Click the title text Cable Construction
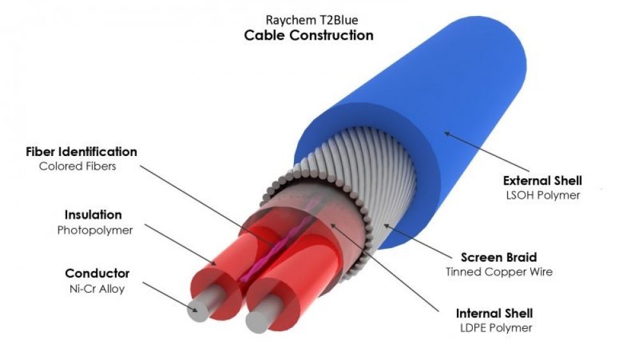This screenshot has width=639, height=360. tap(309, 35)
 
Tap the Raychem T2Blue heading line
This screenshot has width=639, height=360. tap(312, 20)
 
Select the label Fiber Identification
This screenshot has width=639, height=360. tap(82, 152)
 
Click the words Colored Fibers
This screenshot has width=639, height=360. tap(77, 166)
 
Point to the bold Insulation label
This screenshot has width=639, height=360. tap(93, 215)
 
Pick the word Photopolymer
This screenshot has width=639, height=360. tap(95, 230)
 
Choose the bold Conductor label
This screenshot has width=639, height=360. tap(97, 273)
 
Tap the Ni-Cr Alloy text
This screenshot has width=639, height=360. tap(97, 289)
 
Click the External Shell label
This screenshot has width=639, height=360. tap(543, 180)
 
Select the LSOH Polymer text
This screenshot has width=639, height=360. tap(543, 195)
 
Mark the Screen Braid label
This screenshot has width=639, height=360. tap(499, 257)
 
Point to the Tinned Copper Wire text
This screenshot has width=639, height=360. tap(499, 272)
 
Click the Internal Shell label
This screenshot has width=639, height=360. tap(495, 313)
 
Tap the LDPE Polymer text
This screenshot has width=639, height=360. tap(496, 328)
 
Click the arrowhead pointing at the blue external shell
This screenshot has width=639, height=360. tap(447, 133)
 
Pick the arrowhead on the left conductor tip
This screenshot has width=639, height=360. tap(195, 309)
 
